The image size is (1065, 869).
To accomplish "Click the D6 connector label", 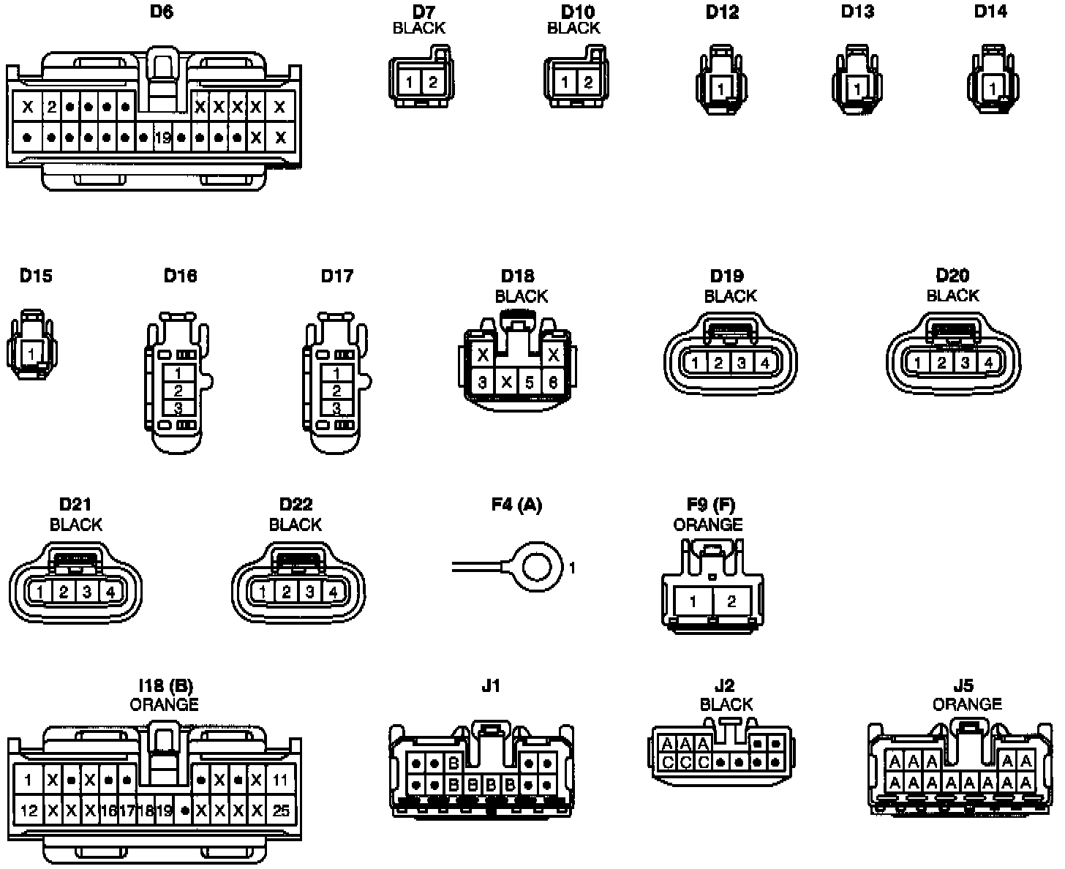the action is coord(161,12).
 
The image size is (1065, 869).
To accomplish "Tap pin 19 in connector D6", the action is coord(162,137).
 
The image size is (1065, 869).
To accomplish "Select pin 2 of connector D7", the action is coord(433,82).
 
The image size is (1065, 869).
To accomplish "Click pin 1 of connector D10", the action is coord(565,82).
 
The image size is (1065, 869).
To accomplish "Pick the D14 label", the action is coord(990,12).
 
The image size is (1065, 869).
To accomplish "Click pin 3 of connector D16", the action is coord(178,407).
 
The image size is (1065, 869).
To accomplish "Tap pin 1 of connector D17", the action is coord(336,373).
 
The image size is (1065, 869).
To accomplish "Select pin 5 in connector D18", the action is coord(530,382).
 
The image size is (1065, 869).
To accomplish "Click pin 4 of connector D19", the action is coord(764,362).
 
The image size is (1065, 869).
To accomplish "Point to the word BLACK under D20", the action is coord(952,296).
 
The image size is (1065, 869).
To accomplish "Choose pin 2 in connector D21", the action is coord(64,592).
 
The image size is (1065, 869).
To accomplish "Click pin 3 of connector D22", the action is coord(309,592).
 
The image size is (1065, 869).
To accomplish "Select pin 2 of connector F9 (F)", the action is coord(731,602).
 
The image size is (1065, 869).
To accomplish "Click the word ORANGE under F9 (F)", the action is coord(707,524).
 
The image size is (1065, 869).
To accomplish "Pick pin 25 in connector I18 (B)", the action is coord(280,810).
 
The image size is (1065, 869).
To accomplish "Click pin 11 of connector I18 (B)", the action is coord(280,780).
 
